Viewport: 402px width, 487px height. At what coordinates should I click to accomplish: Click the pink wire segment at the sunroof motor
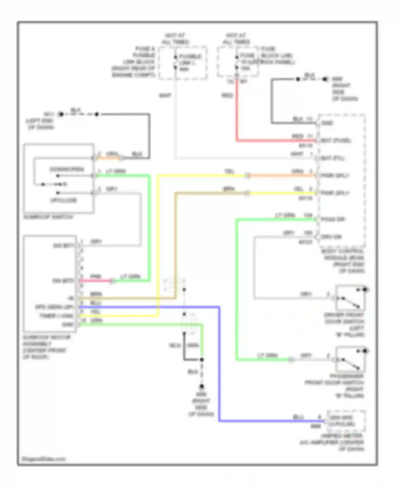(95, 281)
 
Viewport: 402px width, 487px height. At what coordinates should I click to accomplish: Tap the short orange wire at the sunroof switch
(108, 158)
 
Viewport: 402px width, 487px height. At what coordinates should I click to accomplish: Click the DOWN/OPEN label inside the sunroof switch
(67, 169)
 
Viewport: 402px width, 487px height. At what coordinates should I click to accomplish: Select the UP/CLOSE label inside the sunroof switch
(64, 200)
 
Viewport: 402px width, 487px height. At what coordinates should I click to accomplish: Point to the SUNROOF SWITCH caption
(48, 217)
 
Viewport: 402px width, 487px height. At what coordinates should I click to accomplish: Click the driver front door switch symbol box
(350, 298)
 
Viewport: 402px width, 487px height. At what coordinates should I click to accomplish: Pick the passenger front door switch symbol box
(350, 359)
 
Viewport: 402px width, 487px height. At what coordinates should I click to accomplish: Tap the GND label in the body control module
(327, 123)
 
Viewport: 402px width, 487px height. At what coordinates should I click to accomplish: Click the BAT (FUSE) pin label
(336, 140)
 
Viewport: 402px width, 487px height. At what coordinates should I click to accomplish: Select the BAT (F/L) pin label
(332, 158)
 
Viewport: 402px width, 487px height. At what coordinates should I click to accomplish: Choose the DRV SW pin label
(331, 237)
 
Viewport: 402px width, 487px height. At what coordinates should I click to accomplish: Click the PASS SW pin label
(333, 219)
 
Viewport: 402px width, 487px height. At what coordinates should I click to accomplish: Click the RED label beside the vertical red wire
(227, 96)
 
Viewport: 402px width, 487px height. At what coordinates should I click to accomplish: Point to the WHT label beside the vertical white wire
(165, 96)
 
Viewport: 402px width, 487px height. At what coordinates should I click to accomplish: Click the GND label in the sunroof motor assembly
(68, 325)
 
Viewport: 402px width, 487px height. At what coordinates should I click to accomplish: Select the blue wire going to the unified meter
(219, 376)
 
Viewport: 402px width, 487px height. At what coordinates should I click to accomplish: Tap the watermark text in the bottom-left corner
(43, 459)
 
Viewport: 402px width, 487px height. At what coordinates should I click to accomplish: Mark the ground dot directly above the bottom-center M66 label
(202, 387)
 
